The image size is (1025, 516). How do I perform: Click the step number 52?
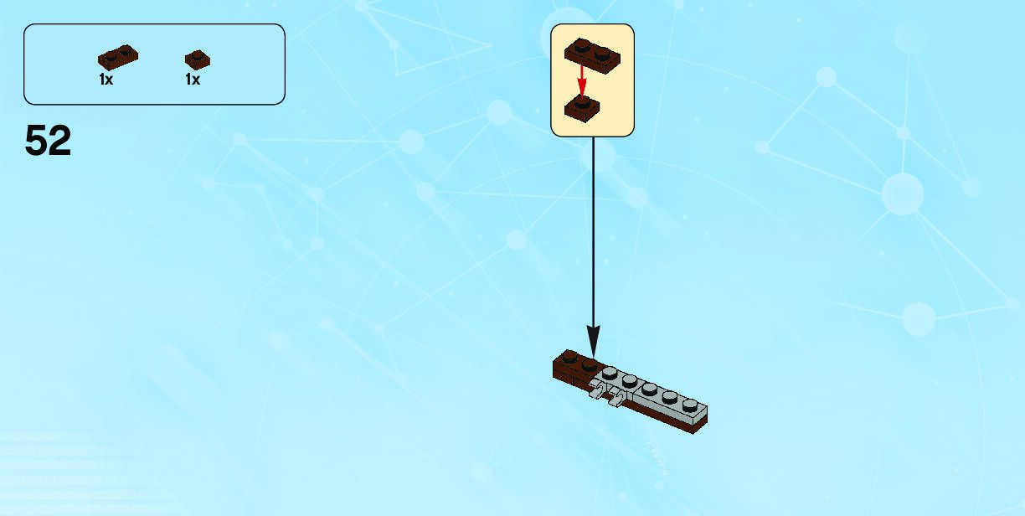click(x=48, y=141)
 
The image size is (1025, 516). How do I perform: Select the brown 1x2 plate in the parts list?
click(x=118, y=57)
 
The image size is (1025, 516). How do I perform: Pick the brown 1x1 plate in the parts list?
click(x=198, y=59)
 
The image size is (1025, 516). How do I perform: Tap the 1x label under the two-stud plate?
click(x=106, y=80)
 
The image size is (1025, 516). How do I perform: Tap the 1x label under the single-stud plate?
click(x=193, y=80)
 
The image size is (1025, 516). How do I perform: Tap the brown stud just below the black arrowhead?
click(x=590, y=364)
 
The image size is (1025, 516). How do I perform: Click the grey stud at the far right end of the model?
click(x=688, y=405)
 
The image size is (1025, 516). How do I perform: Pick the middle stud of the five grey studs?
click(x=649, y=388)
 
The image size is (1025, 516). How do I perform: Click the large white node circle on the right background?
click(x=902, y=193)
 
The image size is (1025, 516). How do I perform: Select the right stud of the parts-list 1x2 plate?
click(x=126, y=54)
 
